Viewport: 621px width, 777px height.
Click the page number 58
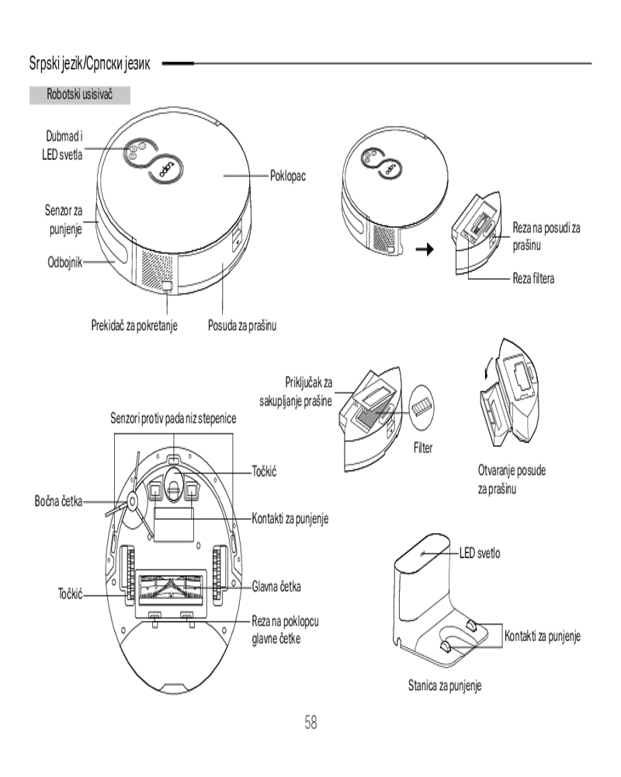(310, 722)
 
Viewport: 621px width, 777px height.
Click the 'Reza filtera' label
(533, 277)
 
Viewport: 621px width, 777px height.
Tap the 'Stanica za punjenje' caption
(445, 686)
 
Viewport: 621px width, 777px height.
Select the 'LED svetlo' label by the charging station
(480, 553)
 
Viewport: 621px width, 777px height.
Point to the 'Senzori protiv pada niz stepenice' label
(173, 419)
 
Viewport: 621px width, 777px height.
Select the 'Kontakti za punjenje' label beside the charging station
(543, 637)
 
